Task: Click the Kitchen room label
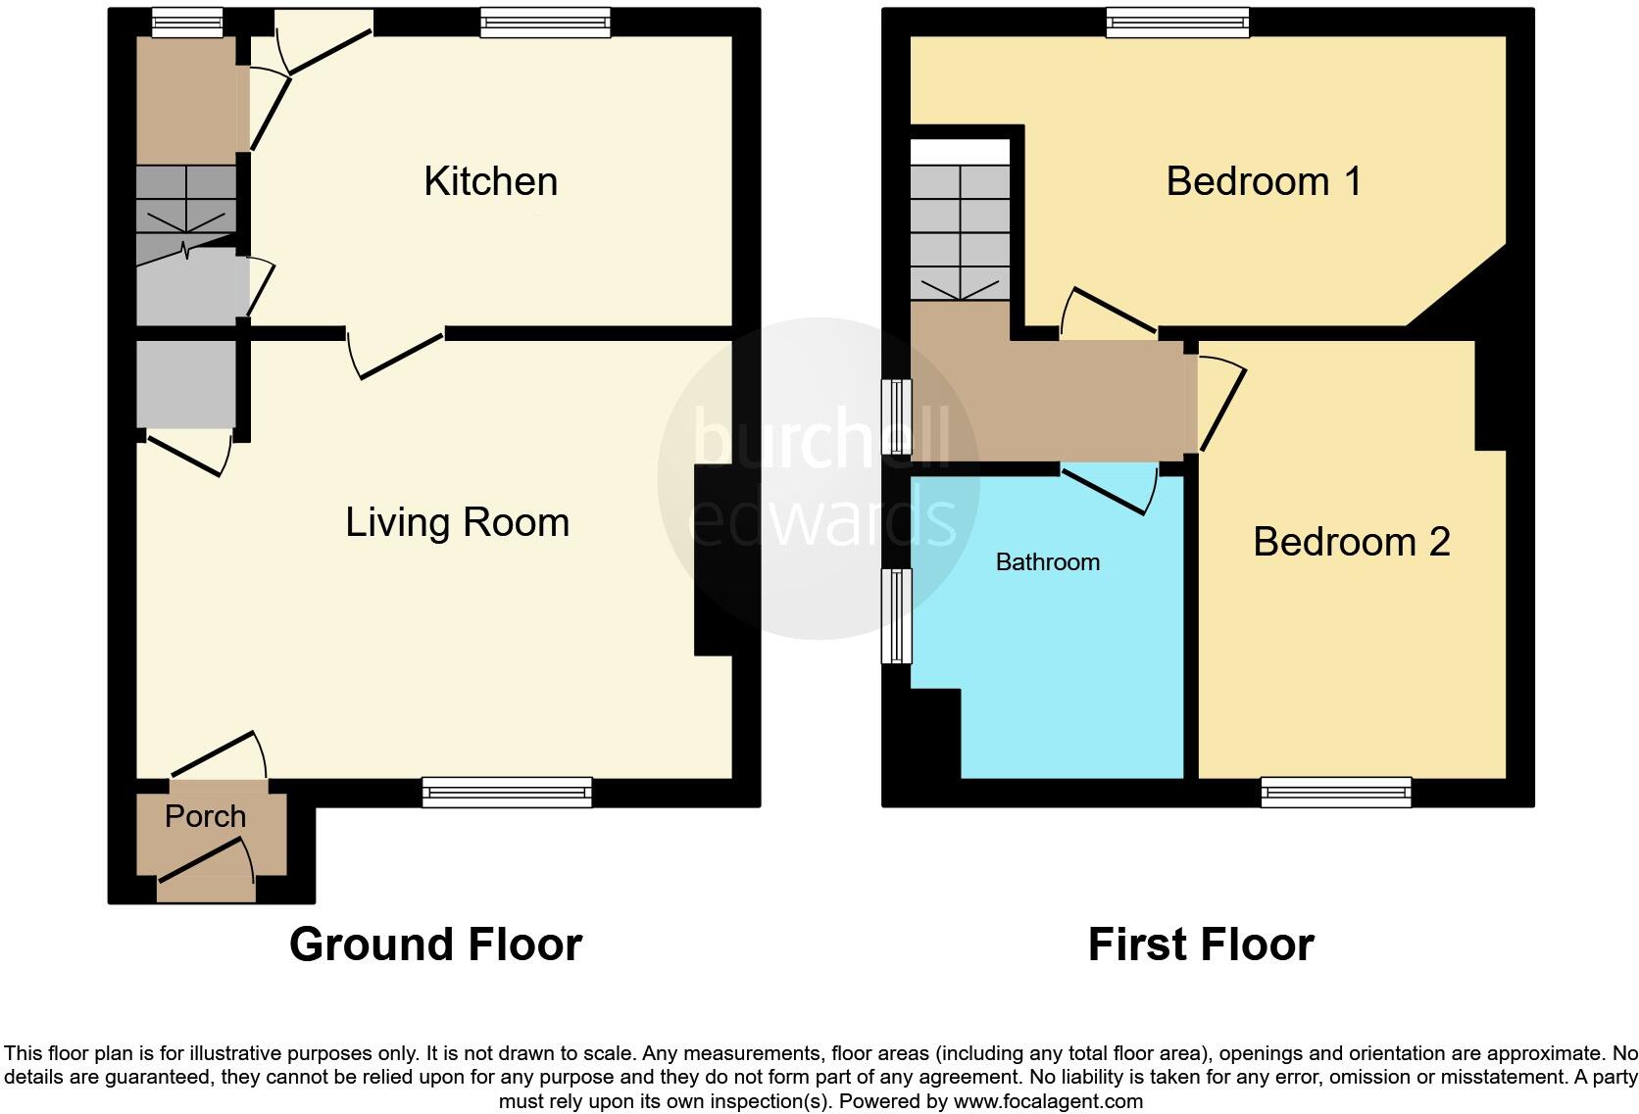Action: click(490, 182)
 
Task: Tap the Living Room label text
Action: click(457, 522)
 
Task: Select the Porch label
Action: click(205, 816)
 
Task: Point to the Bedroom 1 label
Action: click(1264, 181)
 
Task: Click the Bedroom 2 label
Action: click(1351, 542)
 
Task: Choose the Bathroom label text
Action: click(1047, 562)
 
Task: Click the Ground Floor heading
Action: click(435, 944)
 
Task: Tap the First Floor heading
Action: click(1200, 944)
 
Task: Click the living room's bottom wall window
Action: click(507, 792)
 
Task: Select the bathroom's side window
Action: click(897, 616)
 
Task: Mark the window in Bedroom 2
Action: click(1335, 792)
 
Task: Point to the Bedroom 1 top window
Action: click(1177, 22)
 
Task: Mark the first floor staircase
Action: click(960, 232)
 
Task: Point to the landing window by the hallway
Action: click(896, 416)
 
